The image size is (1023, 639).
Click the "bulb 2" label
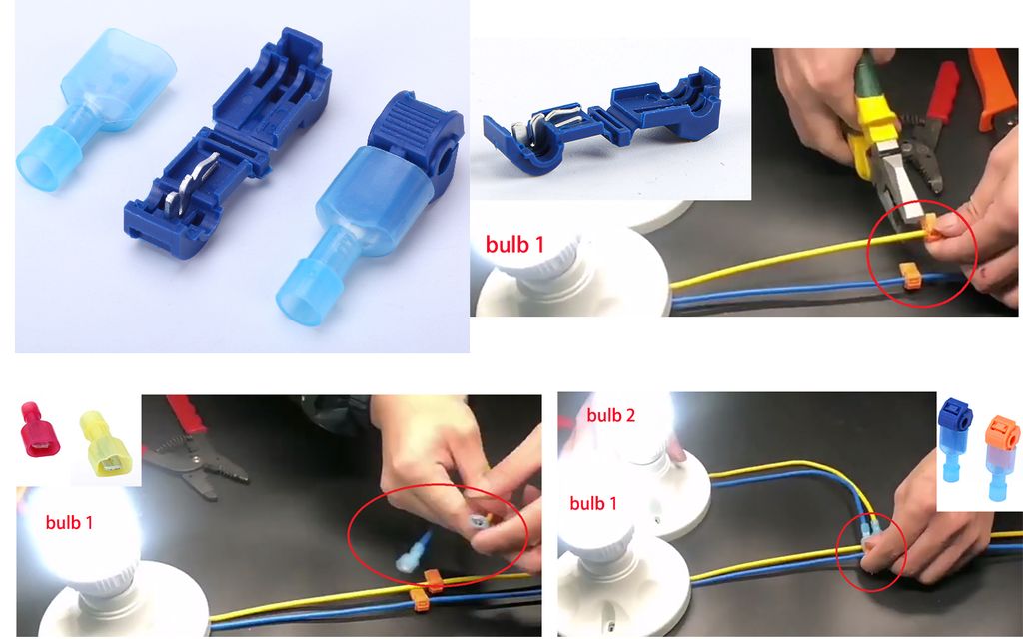pyautogui.click(x=610, y=415)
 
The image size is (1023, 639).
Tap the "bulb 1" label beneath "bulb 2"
pyautogui.click(x=593, y=503)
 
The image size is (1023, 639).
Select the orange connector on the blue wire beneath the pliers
pyautogui.click(x=910, y=276)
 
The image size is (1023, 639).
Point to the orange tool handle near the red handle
pyautogui.click(x=992, y=84)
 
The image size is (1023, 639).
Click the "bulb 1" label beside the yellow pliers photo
pyautogui.click(x=514, y=244)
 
